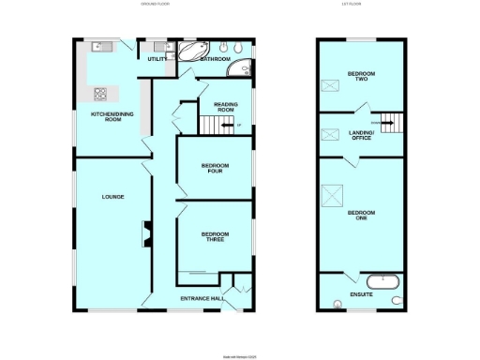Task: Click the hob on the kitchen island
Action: click(100, 93)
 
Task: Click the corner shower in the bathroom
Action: click(244, 68)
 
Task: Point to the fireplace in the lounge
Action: click(145, 234)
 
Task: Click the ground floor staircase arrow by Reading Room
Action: click(234, 127)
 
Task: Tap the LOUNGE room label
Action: click(112, 196)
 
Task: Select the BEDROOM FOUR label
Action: click(215, 169)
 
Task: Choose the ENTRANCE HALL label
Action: click(202, 299)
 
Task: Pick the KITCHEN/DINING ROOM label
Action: click(107, 117)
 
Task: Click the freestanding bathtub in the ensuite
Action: click(383, 280)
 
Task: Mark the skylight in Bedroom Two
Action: click(330, 87)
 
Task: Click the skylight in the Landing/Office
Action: click(329, 134)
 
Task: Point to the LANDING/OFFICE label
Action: click(361, 136)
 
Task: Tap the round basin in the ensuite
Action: click(337, 302)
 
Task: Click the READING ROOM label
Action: click(224, 108)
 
